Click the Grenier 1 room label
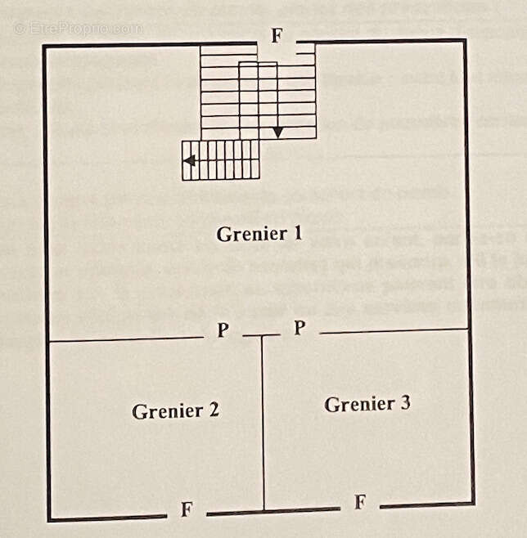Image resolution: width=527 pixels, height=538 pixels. click(259, 234)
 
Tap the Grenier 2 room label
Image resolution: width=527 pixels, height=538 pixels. click(175, 410)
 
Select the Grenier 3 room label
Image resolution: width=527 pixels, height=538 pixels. click(367, 404)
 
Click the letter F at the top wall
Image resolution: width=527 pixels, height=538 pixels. click(277, 37)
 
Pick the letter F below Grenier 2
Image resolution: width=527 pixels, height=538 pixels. click(187, 510)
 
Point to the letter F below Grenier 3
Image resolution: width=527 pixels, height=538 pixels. click(360, 502)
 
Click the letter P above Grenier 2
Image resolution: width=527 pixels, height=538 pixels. click(223, 330)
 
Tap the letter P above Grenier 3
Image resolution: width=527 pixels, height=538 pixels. click(300, 328)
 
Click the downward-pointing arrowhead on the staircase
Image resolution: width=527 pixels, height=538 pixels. click(277, 132)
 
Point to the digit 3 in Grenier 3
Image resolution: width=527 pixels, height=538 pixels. click(405, 403)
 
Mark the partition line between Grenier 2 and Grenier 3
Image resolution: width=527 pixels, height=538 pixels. click(263, 425)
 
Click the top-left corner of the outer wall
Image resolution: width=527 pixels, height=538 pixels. click(44, 47)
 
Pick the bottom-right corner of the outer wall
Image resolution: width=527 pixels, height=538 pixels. click(473, 503)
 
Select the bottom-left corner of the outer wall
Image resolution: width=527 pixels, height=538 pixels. click(49, 518)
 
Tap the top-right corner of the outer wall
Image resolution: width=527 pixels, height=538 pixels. click(465, 40)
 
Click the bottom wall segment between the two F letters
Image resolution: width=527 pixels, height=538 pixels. click(273, 511)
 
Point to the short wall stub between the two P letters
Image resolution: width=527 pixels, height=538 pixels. click(261, 335)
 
